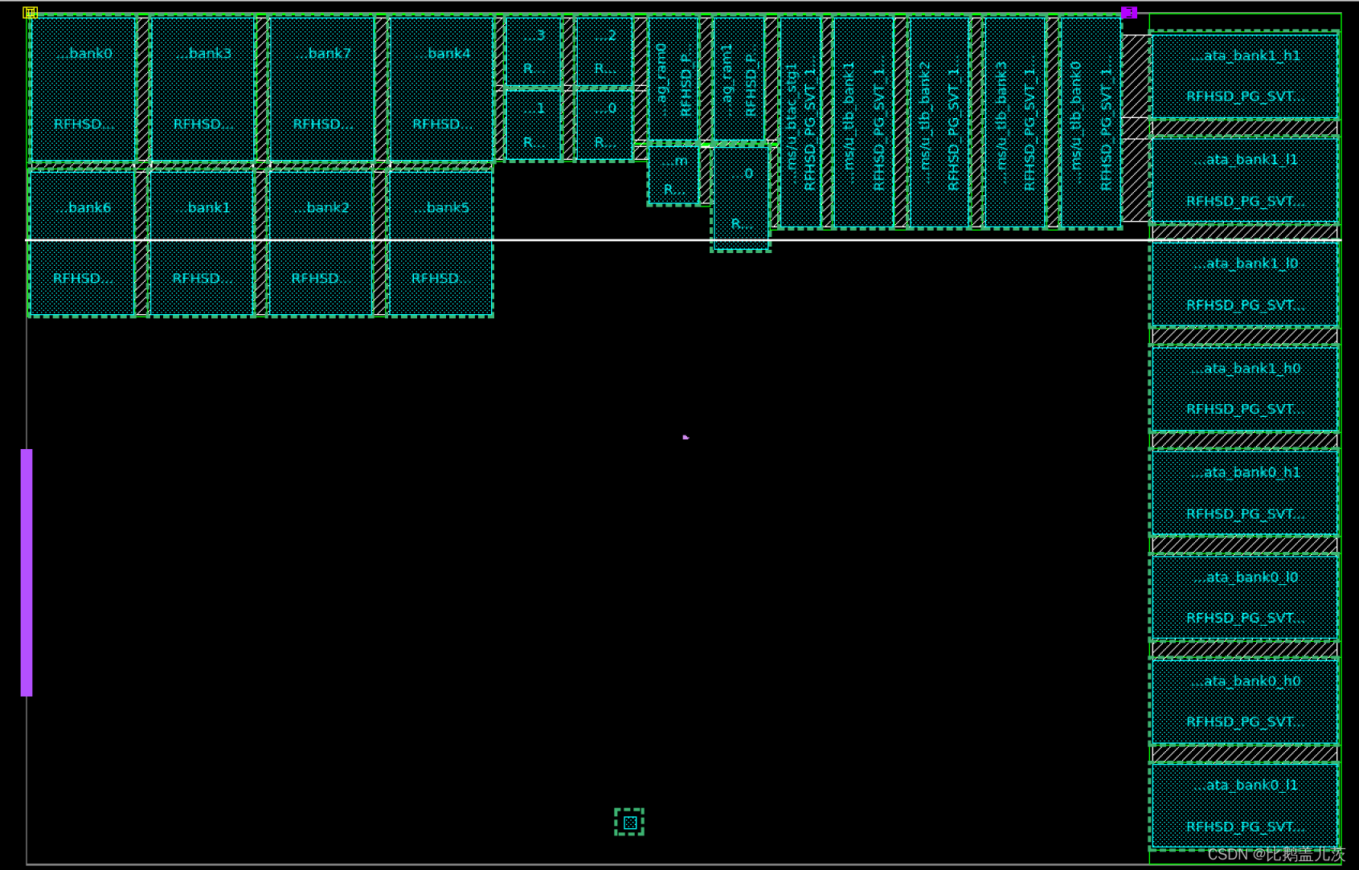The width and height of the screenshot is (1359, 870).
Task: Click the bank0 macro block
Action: (83, 88)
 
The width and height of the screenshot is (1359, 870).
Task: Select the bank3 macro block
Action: (203, 88)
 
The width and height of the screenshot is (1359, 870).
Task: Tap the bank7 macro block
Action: (321, 88)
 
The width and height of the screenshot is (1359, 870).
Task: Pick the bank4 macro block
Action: (441, 88)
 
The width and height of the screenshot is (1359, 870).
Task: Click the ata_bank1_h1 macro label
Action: (1245, 56)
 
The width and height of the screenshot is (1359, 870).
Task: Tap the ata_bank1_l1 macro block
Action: (1245, 180)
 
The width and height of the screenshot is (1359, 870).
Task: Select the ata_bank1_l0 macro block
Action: (1245, 284)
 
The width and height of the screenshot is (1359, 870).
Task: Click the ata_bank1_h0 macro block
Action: (1245, 389)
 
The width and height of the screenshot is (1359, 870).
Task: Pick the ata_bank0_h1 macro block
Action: (1245, 492)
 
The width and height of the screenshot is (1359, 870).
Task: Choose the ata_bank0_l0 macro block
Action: (1245, 597)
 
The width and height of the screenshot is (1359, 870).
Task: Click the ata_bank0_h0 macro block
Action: (1245, 701)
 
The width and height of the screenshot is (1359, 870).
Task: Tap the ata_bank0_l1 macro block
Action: (1245, 806)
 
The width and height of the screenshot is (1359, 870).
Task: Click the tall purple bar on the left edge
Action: (27, 572)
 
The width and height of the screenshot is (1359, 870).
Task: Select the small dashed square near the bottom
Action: (629, 822)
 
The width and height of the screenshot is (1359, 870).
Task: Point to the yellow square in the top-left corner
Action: (31, 12)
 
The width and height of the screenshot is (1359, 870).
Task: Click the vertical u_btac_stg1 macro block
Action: (800, 122)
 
